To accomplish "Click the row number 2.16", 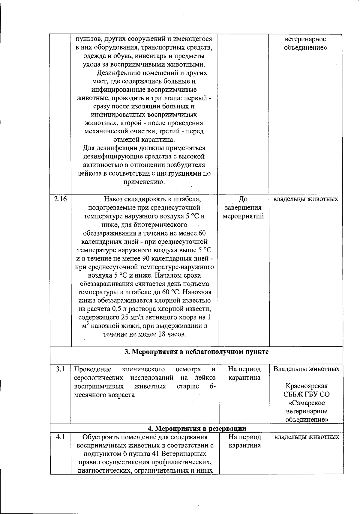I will pos(60,199).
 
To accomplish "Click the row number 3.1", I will pos(60,369).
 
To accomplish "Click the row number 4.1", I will pos(60,437).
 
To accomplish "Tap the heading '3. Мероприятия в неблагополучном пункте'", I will pos(196,352).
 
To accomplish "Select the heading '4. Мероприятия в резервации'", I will pos(196,428).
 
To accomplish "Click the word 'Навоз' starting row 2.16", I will pos(114,199).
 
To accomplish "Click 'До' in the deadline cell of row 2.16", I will pos(243,199).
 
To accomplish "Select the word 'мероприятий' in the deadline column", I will pos(243,216).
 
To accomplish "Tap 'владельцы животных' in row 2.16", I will pos(306,199).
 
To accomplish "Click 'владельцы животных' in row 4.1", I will pos(307,437).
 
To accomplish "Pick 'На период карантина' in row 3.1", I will pos(244,373).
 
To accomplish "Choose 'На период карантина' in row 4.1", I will pos(244,441).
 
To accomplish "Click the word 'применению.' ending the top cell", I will pos(144,182).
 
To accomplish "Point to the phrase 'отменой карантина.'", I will pos(144,140).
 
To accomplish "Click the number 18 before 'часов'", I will pos(161,334).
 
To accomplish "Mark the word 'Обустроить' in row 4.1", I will pos(99,437).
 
